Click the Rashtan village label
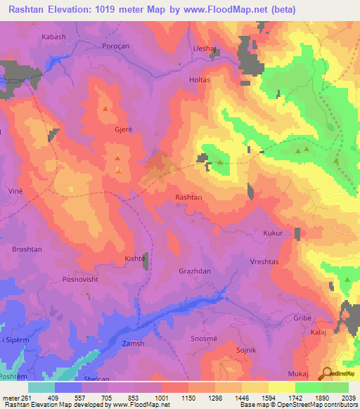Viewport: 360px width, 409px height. (x=188, y=197)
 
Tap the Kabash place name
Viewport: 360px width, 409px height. (x=53, y=36)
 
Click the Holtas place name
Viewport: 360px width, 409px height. (x=200, y=80)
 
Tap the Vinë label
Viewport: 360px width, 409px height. (x=14, y=191)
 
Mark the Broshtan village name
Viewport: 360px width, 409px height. (x=27, y=249)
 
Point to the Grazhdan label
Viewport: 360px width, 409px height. (x=195, y=270)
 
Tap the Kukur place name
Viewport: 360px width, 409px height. (x=273, y=232)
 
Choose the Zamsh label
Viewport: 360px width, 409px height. (x=133, y=343)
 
